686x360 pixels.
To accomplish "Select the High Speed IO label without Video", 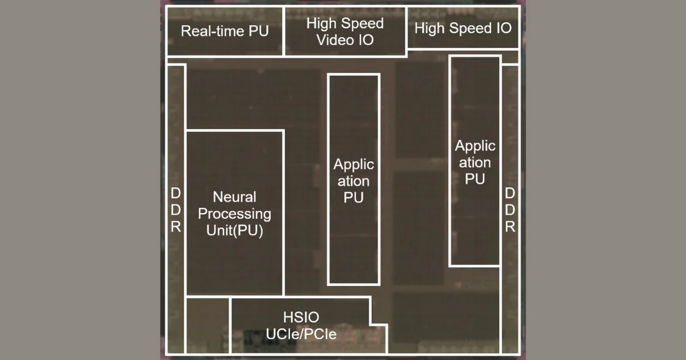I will click(462, 28).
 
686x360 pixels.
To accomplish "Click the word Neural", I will click(234, 197).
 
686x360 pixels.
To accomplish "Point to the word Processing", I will click(234, 214).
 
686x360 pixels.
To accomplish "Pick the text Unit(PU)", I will click(234, 231).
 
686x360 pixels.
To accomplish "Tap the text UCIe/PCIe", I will click(301, 334).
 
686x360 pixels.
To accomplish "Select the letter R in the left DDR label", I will click(176, 227).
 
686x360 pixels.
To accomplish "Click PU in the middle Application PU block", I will click(353, 198).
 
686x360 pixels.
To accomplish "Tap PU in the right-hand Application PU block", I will click(474, 178).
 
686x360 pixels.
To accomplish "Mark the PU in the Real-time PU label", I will click(258, 31).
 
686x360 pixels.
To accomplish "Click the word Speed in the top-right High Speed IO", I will click(461, 28).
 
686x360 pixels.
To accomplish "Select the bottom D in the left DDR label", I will click(176, 210).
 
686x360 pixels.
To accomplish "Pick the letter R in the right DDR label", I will click(510, 227).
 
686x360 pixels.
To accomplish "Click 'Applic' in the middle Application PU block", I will click(353, 165).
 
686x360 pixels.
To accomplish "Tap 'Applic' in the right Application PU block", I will click(474, 146).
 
